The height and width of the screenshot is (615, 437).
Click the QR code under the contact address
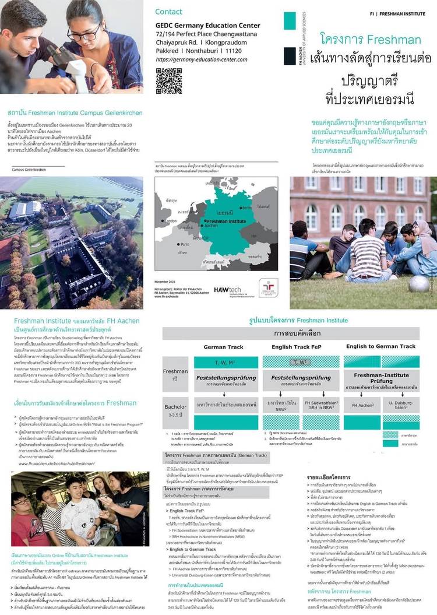tap(169, 80)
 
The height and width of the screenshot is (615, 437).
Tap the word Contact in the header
tap(168, 12)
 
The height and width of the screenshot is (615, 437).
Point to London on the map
tap(171, 222)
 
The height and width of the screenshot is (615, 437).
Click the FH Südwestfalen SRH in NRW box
tap(319, 405)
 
